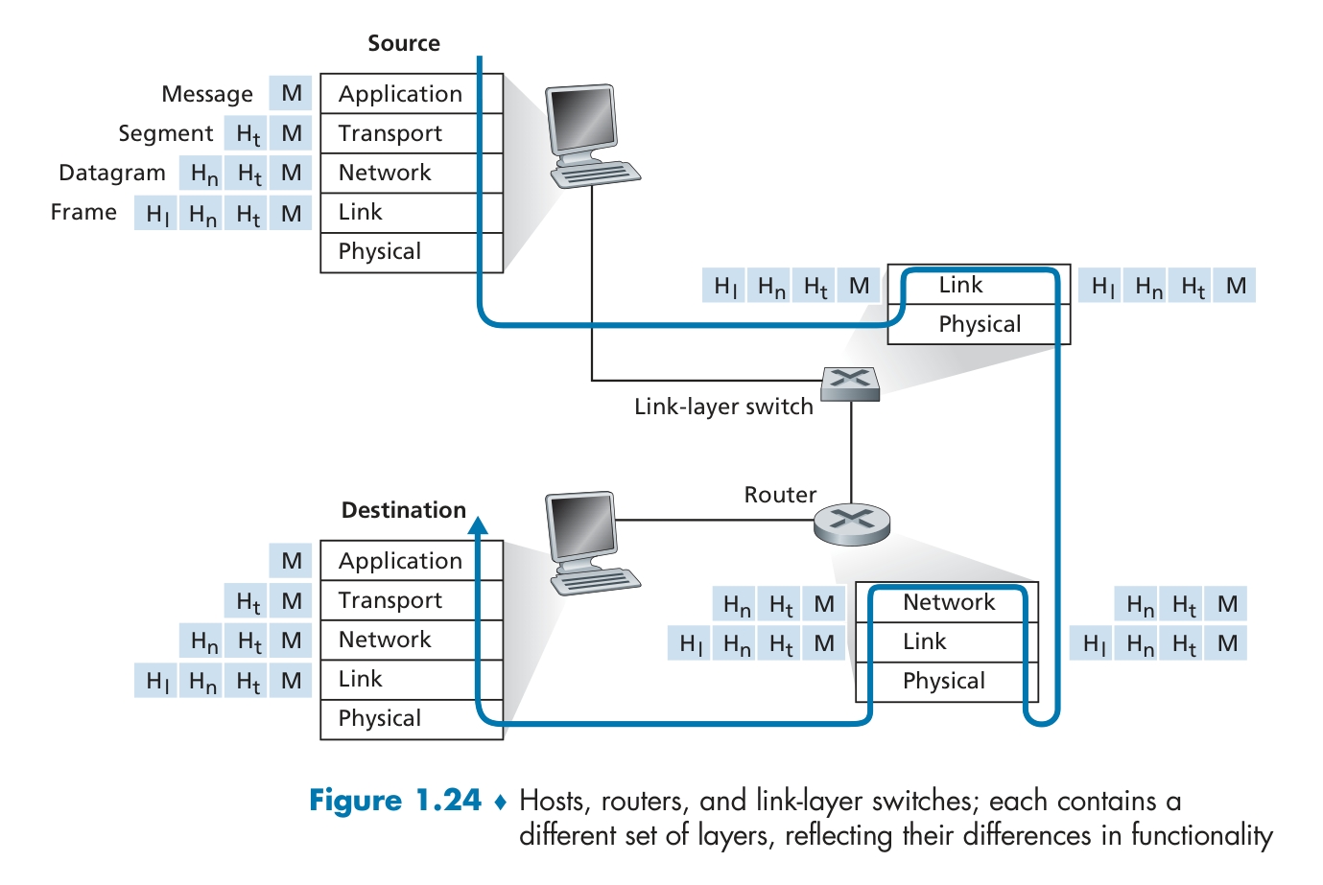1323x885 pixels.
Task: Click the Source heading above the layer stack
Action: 403,43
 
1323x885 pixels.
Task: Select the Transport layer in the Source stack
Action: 390,133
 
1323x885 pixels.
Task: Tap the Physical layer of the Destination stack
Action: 380,718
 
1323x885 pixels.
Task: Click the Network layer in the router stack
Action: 949,602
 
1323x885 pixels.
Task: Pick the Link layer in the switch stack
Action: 960,285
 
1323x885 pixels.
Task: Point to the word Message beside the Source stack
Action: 207,94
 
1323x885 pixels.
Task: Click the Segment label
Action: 165,133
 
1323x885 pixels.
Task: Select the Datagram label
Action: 112,173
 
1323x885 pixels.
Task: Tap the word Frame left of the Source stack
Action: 83,212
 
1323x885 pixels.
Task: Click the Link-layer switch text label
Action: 723,407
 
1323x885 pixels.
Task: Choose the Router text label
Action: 780,495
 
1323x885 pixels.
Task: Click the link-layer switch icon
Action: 851,383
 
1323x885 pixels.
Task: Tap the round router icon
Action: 852,524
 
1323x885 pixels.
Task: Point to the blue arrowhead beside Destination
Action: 478,524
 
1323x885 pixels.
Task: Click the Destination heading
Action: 403,510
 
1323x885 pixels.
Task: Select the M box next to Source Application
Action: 292,94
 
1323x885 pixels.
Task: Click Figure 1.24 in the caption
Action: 394,801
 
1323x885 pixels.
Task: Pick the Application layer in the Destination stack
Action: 400,561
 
